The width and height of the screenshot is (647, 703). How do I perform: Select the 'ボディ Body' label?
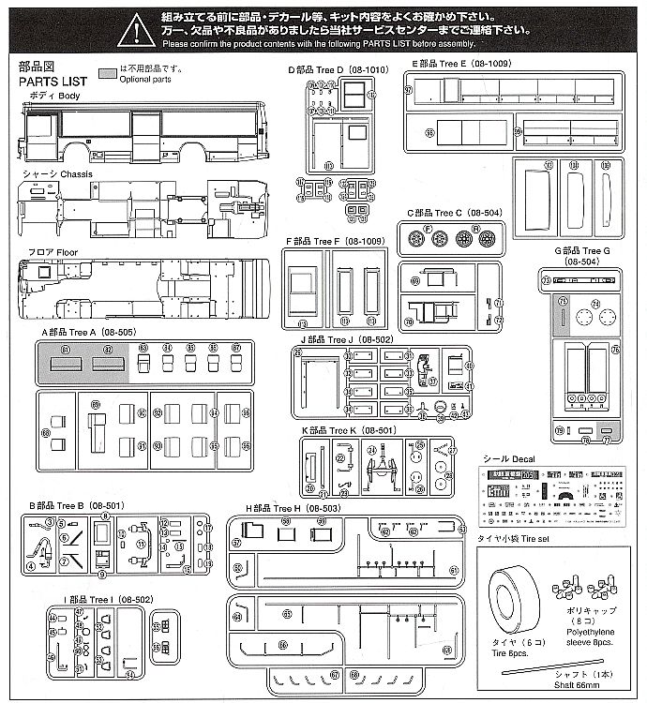pos(48,96)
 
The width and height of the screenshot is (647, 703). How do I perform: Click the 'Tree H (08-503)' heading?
pos(287,507)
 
